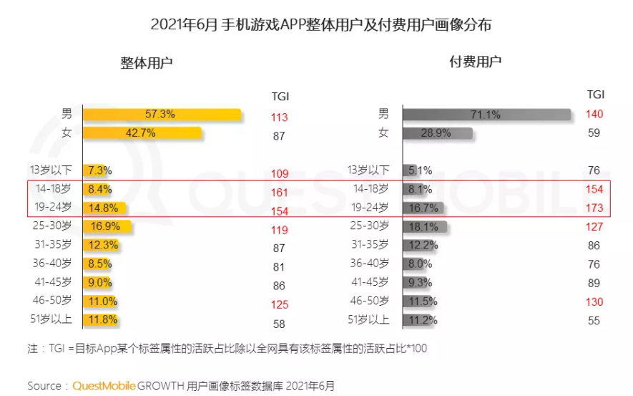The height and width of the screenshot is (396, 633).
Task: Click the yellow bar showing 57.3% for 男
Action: (x=162, y=115)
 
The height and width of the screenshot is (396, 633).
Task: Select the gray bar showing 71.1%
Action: (x=486, y=115)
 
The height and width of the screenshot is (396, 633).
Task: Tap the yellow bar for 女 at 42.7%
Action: (x=142, y=132)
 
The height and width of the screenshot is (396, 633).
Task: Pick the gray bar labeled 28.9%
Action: (x=437, y=133)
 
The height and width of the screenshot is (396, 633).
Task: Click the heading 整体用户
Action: (x=147, y=62)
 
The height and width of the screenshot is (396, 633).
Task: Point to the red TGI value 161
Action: (x=280, y=193)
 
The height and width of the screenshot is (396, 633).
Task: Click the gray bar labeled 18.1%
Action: (x=425, y=227)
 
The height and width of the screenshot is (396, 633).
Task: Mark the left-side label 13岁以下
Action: (x=52, y=170)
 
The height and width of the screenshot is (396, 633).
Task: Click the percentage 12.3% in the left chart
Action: (x=100, y=246)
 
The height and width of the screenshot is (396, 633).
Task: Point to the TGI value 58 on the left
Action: (x=280, y=324)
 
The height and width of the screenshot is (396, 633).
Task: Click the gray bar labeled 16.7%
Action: (x=423, y=208)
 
